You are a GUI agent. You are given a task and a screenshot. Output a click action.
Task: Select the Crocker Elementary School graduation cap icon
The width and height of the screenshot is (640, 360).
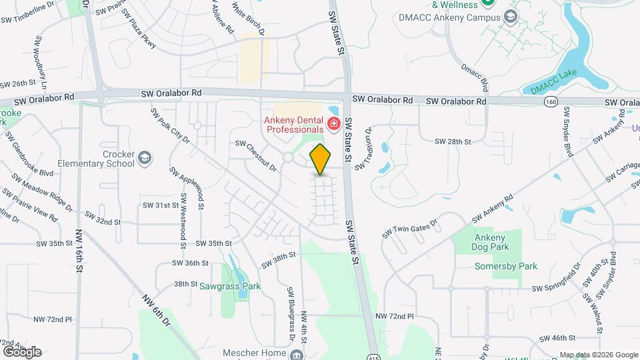click(145, 159)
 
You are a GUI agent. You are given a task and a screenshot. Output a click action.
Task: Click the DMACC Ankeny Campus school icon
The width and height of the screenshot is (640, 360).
click(511, 17)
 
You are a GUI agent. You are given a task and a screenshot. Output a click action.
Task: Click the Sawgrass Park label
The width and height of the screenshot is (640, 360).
click(230, 286)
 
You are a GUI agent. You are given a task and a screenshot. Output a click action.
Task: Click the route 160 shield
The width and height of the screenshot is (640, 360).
click(551, 101)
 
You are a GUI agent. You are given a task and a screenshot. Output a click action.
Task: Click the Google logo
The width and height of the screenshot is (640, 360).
click(21, 351)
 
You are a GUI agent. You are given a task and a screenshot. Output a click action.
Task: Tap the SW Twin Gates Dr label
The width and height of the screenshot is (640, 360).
click(409, 229)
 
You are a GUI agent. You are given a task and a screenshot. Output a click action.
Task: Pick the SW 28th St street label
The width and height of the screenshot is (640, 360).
click(453, 142)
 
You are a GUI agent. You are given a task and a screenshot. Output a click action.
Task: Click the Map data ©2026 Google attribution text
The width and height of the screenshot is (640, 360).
click(598, 355)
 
